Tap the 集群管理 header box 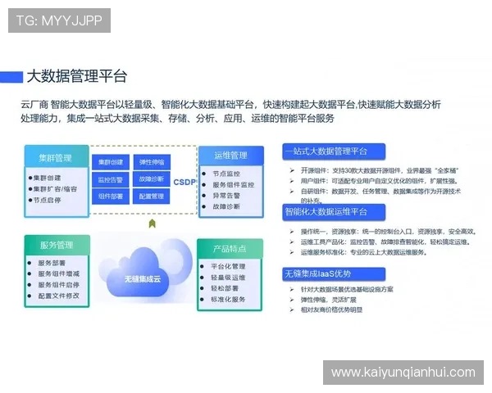pos(54,157)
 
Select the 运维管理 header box pos(230,156)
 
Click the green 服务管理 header pos(56,245)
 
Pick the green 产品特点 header pos(230,248)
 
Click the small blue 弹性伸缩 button pos(152,162)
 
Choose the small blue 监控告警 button pos(111,179)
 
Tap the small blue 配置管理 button pos(152,196)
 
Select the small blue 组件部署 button pos(111,196)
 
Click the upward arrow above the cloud pos(152,223)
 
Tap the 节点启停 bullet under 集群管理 pos(48,200)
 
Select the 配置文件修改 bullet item pos(59,296)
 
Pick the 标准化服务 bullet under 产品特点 pos(229,300)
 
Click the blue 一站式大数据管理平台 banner pos(326,152)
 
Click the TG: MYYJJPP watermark pos(60,20)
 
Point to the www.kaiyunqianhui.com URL pos(403,373)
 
